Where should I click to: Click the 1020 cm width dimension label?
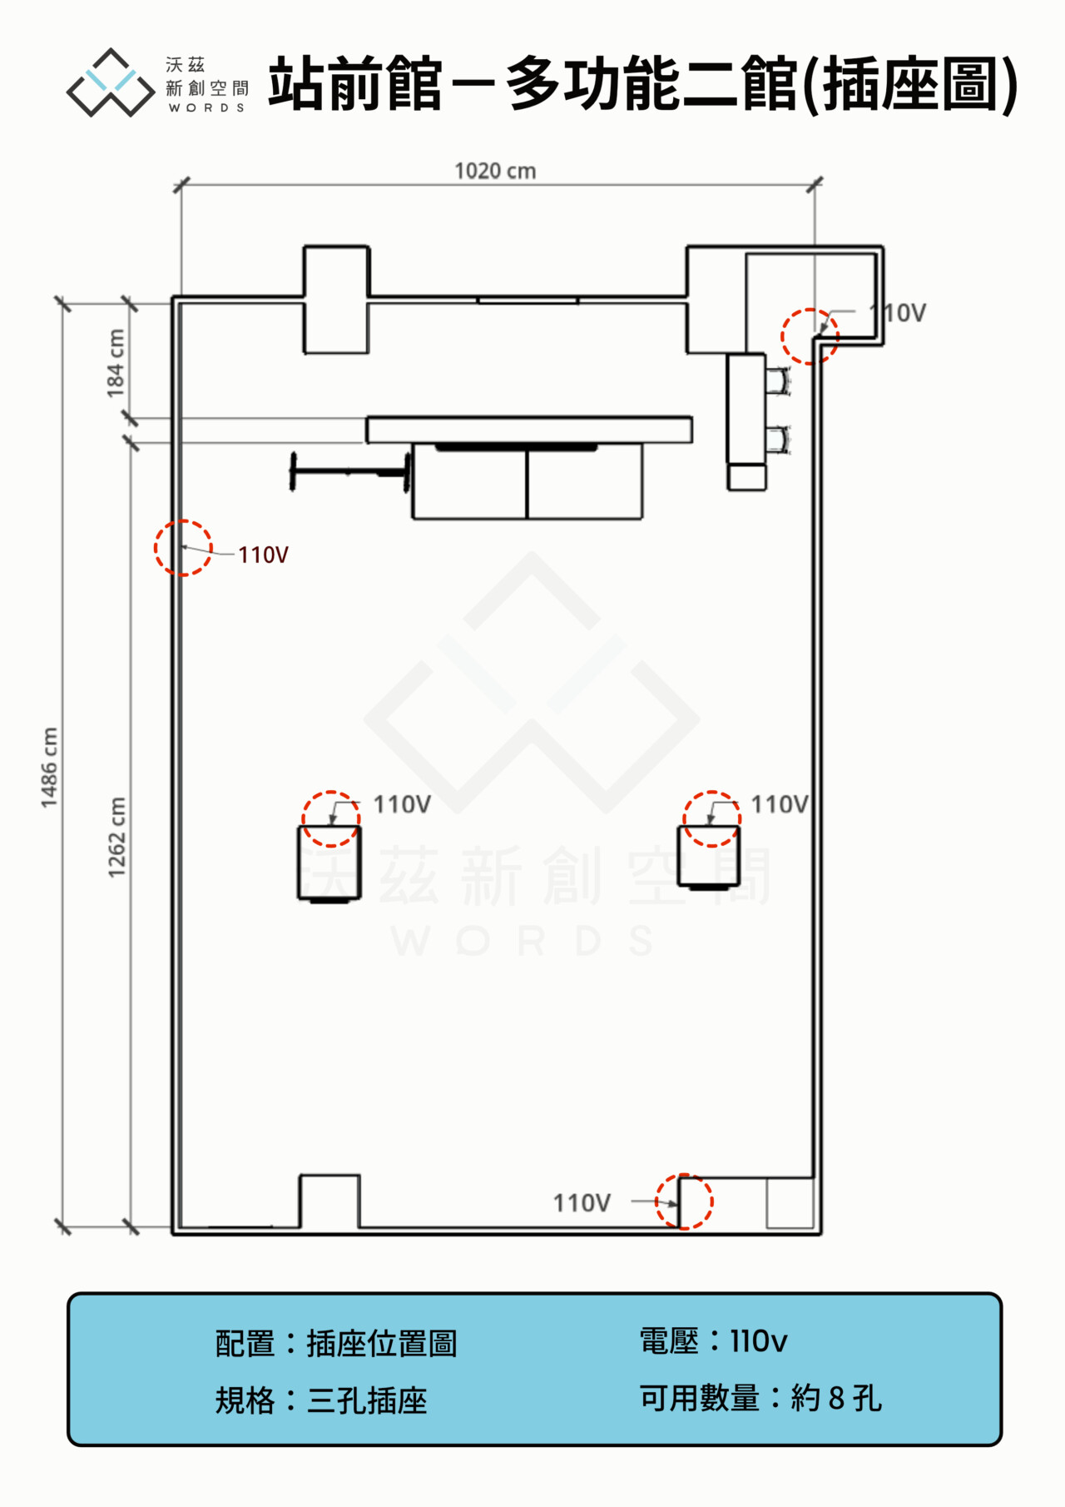coord(495,171)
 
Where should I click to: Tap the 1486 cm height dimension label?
coord(50,767)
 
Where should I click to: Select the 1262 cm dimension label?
coord(116,837)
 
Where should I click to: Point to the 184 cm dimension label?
coord(116,363)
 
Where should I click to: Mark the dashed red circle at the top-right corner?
coord(782,336)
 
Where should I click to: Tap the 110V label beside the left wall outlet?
coord(263,555)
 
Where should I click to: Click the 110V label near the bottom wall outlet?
coord(582,1203)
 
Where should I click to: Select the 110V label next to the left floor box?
coord(402,804)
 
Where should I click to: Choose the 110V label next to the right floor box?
coord(780,804)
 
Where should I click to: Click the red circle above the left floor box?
coord(303,819)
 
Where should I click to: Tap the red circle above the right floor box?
coord(684,819)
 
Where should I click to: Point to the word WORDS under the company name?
coord(206,107)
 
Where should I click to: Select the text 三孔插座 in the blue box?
coord(367,1401)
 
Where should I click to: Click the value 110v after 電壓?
coord(758,1341)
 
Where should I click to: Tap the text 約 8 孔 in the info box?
coord(835,1399)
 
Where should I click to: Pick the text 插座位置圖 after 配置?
coord(382,1344)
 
